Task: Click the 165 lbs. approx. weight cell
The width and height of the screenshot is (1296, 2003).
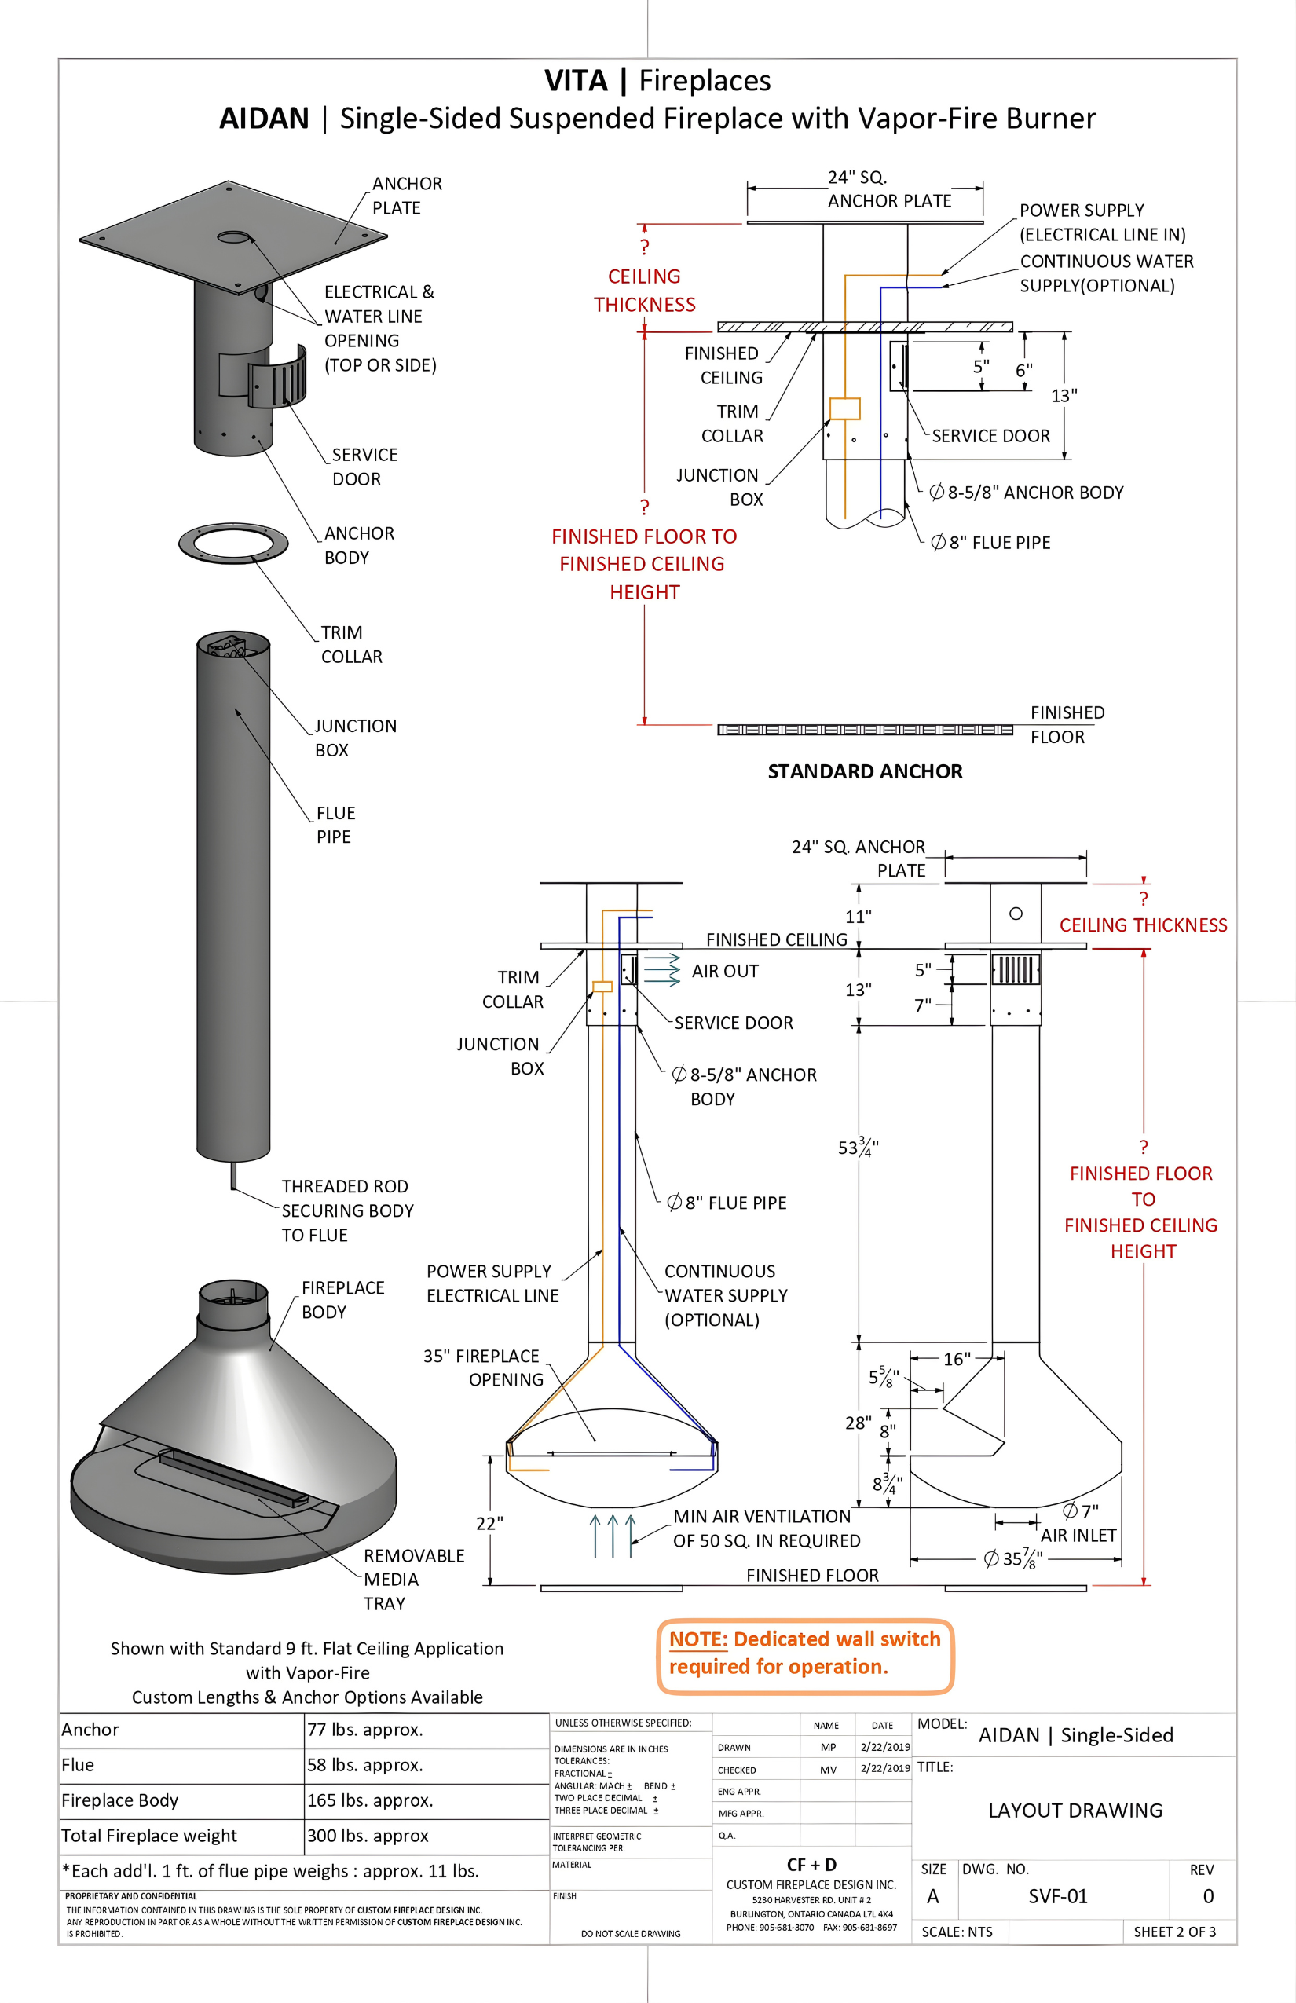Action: (369, 1800)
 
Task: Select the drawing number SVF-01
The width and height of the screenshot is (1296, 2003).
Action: (1058, 1896)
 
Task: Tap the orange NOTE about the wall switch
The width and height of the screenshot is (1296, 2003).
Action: (804, 1652)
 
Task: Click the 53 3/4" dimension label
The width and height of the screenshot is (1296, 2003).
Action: (858, 1147)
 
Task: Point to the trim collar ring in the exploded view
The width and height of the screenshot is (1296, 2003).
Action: (233, 543)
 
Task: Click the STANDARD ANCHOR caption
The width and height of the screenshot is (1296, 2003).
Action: (864, 771)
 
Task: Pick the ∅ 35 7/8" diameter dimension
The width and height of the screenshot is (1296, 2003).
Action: (1013, 1559)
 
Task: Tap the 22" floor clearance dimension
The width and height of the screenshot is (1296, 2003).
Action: (490, 1523)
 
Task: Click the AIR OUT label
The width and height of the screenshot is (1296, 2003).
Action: (724, 971)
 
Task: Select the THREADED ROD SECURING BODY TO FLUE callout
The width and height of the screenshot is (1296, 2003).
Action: (346, 1210)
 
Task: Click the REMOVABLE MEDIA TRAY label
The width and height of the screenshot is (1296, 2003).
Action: (413, 1579)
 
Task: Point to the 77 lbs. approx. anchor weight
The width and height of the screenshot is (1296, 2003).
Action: (364, 1730)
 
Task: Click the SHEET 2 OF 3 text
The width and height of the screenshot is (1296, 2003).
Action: (1174, 1932)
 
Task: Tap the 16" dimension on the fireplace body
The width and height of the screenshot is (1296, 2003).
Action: (956, 1359)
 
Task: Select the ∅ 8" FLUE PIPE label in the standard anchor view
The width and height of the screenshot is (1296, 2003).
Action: (990, 543)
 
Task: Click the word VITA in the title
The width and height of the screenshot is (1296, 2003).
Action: (576, 81)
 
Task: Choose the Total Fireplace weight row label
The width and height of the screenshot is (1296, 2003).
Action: (149, 1836)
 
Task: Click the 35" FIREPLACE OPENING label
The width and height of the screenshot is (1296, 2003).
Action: (483, 1368)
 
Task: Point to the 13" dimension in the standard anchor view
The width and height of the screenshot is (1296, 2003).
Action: (1064, 396)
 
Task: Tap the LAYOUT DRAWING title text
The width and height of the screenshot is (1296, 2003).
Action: (1075, 1811)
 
